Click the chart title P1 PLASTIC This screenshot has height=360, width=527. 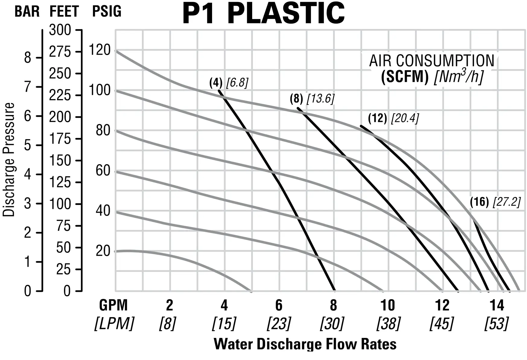click(263, 13)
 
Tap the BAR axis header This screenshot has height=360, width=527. click(27, 12)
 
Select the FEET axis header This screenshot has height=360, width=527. click(64, 12)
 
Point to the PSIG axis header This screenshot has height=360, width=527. click(107, 11)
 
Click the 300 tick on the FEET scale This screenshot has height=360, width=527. click(60, 30)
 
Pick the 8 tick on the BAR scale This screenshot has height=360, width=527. click(27, 57)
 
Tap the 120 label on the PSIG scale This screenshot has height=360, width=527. click(100, 50)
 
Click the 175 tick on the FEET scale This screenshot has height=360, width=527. click(60, 139)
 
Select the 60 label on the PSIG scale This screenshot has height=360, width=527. click(103, 171)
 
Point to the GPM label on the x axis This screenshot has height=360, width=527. click(113, 305)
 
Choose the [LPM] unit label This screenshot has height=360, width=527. click(114, 323)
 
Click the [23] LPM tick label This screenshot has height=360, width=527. click(279, 323)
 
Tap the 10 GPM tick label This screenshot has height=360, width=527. click(388, 305)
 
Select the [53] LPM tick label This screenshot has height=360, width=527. click(497, 323)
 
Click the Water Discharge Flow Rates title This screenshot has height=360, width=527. click(305, 344)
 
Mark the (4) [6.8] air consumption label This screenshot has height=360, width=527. click(229, 83)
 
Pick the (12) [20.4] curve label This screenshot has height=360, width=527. click(393, 118)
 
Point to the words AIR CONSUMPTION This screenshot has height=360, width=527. click(432, 61)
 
